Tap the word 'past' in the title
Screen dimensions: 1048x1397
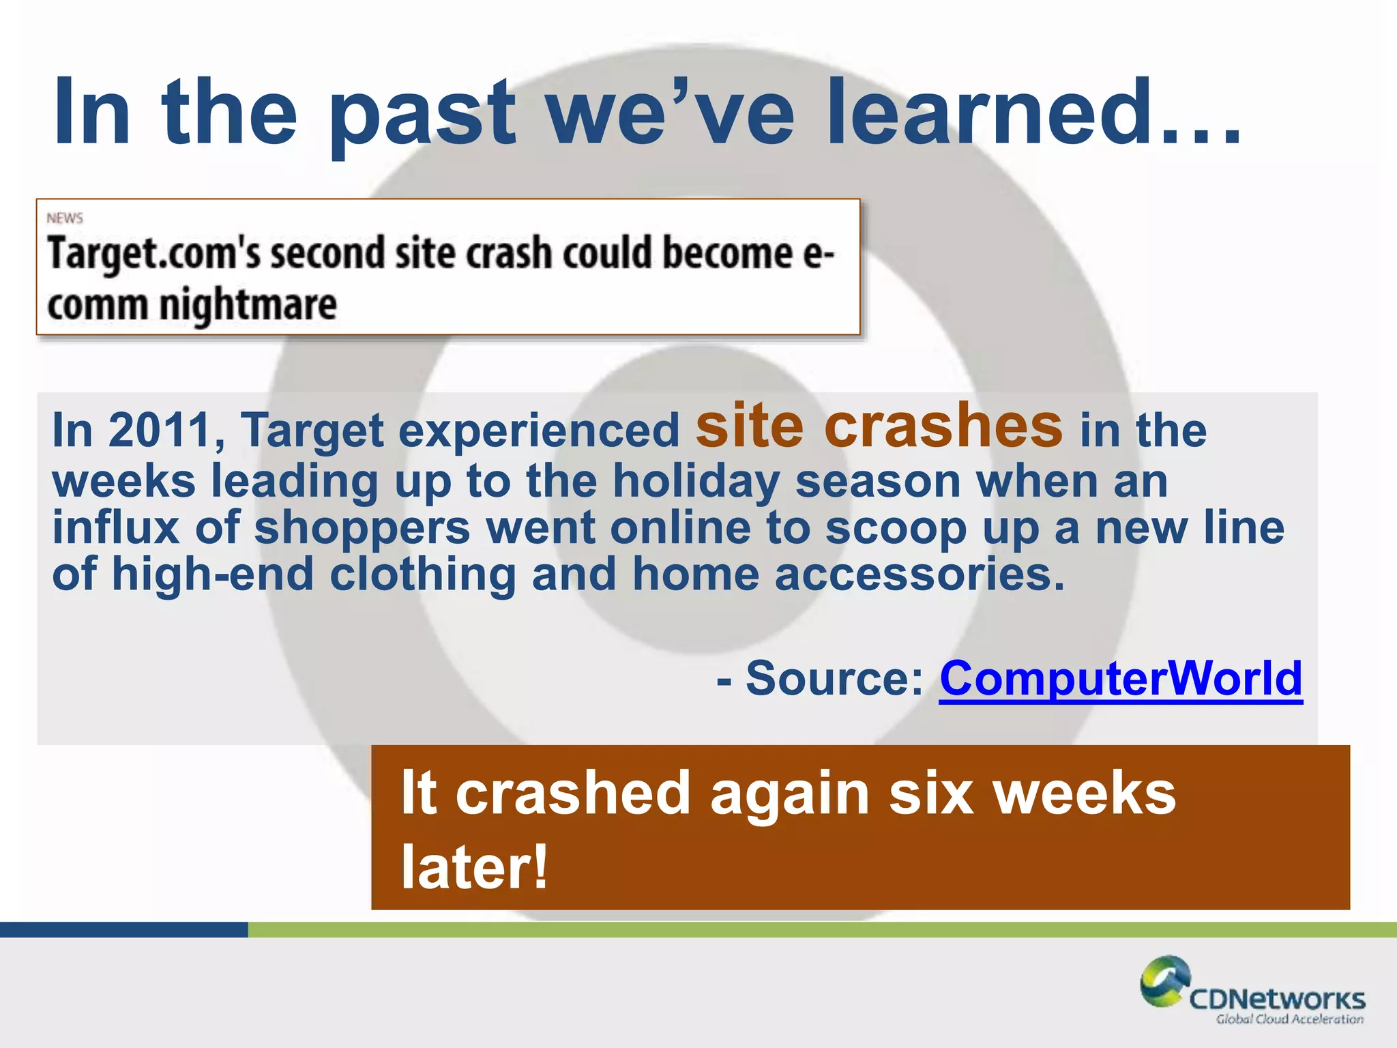click(x=422, y=116)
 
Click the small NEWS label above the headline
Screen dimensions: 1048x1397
click(x=65, y=218)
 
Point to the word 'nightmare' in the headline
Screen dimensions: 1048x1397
click(x=248, y=306)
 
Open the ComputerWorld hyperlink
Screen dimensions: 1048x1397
click(x=1121, y=679)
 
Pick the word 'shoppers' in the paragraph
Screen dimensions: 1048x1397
click(x=362, y=528)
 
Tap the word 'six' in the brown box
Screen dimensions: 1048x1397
click(x=931, y=793)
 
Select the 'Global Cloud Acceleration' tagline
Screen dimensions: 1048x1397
click(x=1289, y=1019)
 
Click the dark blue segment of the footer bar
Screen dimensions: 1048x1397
click(x=123, y=929)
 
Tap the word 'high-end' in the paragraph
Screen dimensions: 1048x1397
click(x=212, y=574)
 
